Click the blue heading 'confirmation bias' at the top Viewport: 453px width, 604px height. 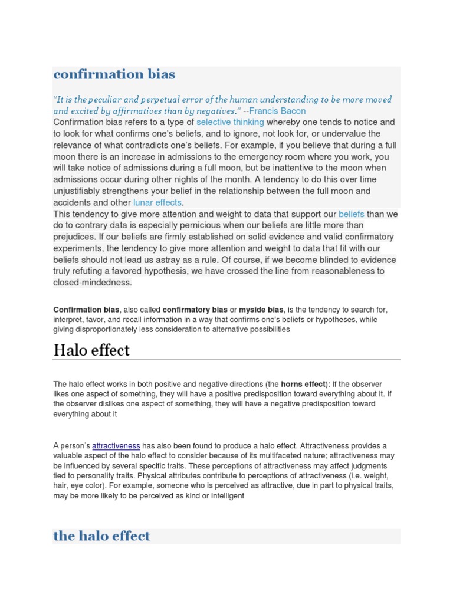pyautogui.click(x=114, y=74)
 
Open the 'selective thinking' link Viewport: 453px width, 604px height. pyautogui.click(x=230, y=122)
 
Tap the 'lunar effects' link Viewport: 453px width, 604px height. pyautogui.click(x=157, y=202)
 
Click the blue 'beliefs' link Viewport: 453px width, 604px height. pyautogui.click(x=352, y=214)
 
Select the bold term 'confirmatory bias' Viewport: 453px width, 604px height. pyautogui.click(x=195, y=310)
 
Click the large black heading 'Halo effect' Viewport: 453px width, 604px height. pyautogui.click(x=91, y=350)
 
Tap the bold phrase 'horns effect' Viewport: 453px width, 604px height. pyautogui.click(x=303, y=384)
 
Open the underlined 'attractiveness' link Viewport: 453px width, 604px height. pyautogui.click(x=116, y=446)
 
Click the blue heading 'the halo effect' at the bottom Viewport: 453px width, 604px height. pyautogui.click(x=101, y=536)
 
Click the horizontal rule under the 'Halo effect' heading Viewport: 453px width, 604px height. pyautogui.click(x=226, y=360)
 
